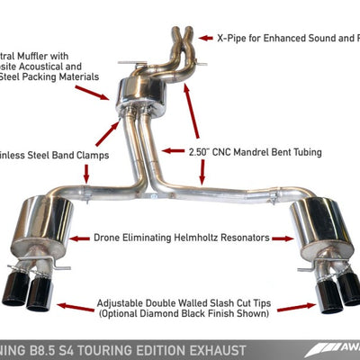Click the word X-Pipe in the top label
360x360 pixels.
(x=236, y=39)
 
